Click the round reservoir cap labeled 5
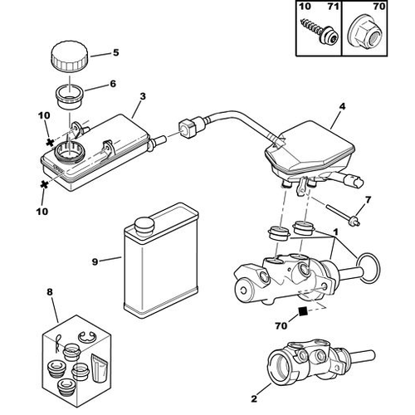pos(69,57)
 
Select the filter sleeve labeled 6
pos(69,97)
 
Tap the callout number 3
pos(143,96)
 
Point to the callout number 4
pos(343,106)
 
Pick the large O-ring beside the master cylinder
pos(369,268)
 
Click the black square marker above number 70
pos(303,311)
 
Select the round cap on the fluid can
pos(144,227)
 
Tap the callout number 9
pos(95,261)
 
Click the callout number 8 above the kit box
pos(50,292)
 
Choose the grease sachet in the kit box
pos(100,368)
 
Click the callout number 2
pos(254,398)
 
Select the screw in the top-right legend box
pos(320,34)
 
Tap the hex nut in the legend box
pos(363,34)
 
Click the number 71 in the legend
pos(333,6)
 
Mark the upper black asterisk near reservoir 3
pos(50,143)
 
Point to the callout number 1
pos(335,232)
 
